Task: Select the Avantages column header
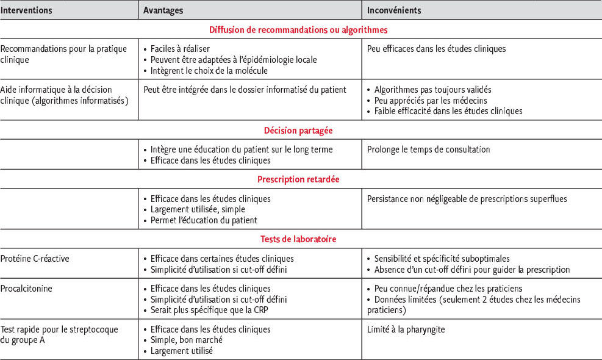(x=163, y=10)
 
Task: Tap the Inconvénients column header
(x=394, y=10)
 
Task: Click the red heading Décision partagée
(x=298, y=131)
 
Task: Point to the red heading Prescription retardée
(x=298, y=179)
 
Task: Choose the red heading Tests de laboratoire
(x=298, y=239)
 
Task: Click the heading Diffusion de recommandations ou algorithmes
(x=298, y=29)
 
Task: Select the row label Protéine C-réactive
(x=35, y=258)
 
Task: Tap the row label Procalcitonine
(x=27, y=288)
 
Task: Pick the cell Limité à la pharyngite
(x=407, y=329)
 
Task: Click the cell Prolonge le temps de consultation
(x=428, y=149)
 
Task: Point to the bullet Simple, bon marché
(x=186, y=340)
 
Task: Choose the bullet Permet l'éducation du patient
(x=204, y=220)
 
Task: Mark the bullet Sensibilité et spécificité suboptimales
(x=442, y=259)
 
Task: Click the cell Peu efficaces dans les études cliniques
(x=436, y=49)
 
